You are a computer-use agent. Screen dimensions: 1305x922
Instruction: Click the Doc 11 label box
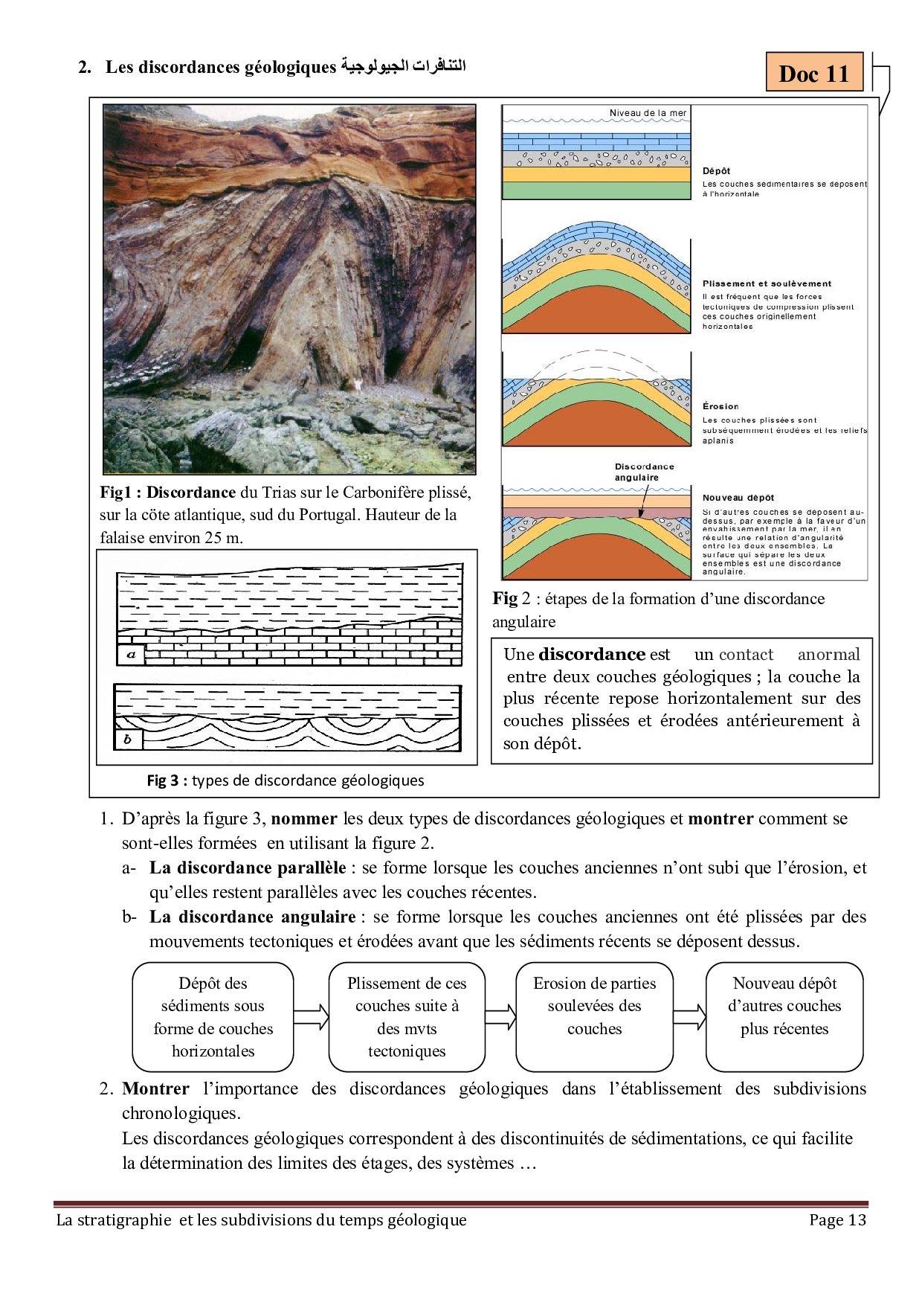814,73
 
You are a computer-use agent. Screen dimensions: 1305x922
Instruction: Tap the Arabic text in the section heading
404,66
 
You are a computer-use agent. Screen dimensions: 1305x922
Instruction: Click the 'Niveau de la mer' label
648,113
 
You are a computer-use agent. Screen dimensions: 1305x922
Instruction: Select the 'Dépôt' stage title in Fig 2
716,170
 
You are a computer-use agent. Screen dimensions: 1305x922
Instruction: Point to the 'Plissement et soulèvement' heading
767,283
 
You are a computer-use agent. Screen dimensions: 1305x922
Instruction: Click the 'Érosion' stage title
720,406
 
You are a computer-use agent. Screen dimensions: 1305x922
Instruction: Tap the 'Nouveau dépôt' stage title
738,498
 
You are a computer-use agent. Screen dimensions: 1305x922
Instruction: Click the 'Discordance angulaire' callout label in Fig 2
644,472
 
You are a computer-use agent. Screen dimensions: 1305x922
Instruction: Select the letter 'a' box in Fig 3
131,655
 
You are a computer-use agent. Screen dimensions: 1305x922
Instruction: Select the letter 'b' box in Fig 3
128,739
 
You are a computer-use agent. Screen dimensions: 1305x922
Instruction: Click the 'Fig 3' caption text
285,780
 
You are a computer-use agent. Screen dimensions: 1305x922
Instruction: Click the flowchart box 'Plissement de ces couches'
407,1016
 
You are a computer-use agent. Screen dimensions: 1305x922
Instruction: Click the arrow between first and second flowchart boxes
311,1016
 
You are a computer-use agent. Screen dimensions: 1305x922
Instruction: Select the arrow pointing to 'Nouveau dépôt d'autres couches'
689,1016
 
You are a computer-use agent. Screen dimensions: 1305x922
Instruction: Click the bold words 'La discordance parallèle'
247,868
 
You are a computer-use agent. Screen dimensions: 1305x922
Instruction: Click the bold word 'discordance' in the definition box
591,654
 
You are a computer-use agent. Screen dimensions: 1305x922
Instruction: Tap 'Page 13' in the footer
837,1219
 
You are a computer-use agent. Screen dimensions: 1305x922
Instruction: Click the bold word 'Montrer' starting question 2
155,1088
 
